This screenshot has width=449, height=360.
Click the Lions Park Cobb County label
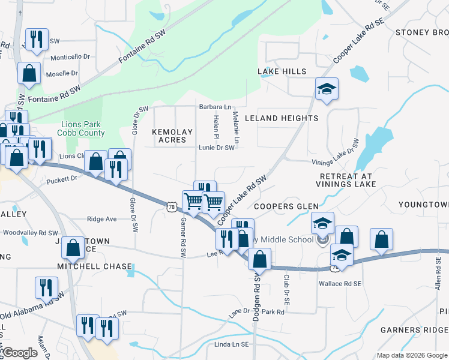pyautogui.click(x=82, y=129)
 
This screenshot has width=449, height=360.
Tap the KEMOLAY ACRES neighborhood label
pyautogui.click(x=173, y=136)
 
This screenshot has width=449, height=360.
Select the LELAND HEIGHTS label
pyautogui.click(x=282, y=118)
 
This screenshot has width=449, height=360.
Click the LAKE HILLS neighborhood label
pyautogui.click(x=282, y=71)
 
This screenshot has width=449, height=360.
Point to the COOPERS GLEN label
pyautogui.click(x=286, y=206)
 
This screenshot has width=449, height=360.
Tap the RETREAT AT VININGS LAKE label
pyautogui.click(x=346, y=180)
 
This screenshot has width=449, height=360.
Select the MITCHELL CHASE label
pyautogui.click(x=94, y=266)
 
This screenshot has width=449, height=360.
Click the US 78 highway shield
pyautogui.click(x=172, y=206)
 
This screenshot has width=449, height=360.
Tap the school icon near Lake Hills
pyautogui.click(x=327, y=89)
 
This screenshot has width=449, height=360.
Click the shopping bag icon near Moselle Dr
pyautogui.click(x=29, y=74)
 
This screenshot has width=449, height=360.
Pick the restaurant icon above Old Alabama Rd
pyautogui.click(x=46, y=288)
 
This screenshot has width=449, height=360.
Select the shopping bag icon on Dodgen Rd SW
pyautogui.click(x=259, y=260)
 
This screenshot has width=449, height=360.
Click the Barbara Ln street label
pyautogui.click(x=215, y=107)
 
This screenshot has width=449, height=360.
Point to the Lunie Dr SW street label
pyautogui.click(x=217, y=148)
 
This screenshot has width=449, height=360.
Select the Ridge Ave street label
pyautogui.click(x=102, y=219)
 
